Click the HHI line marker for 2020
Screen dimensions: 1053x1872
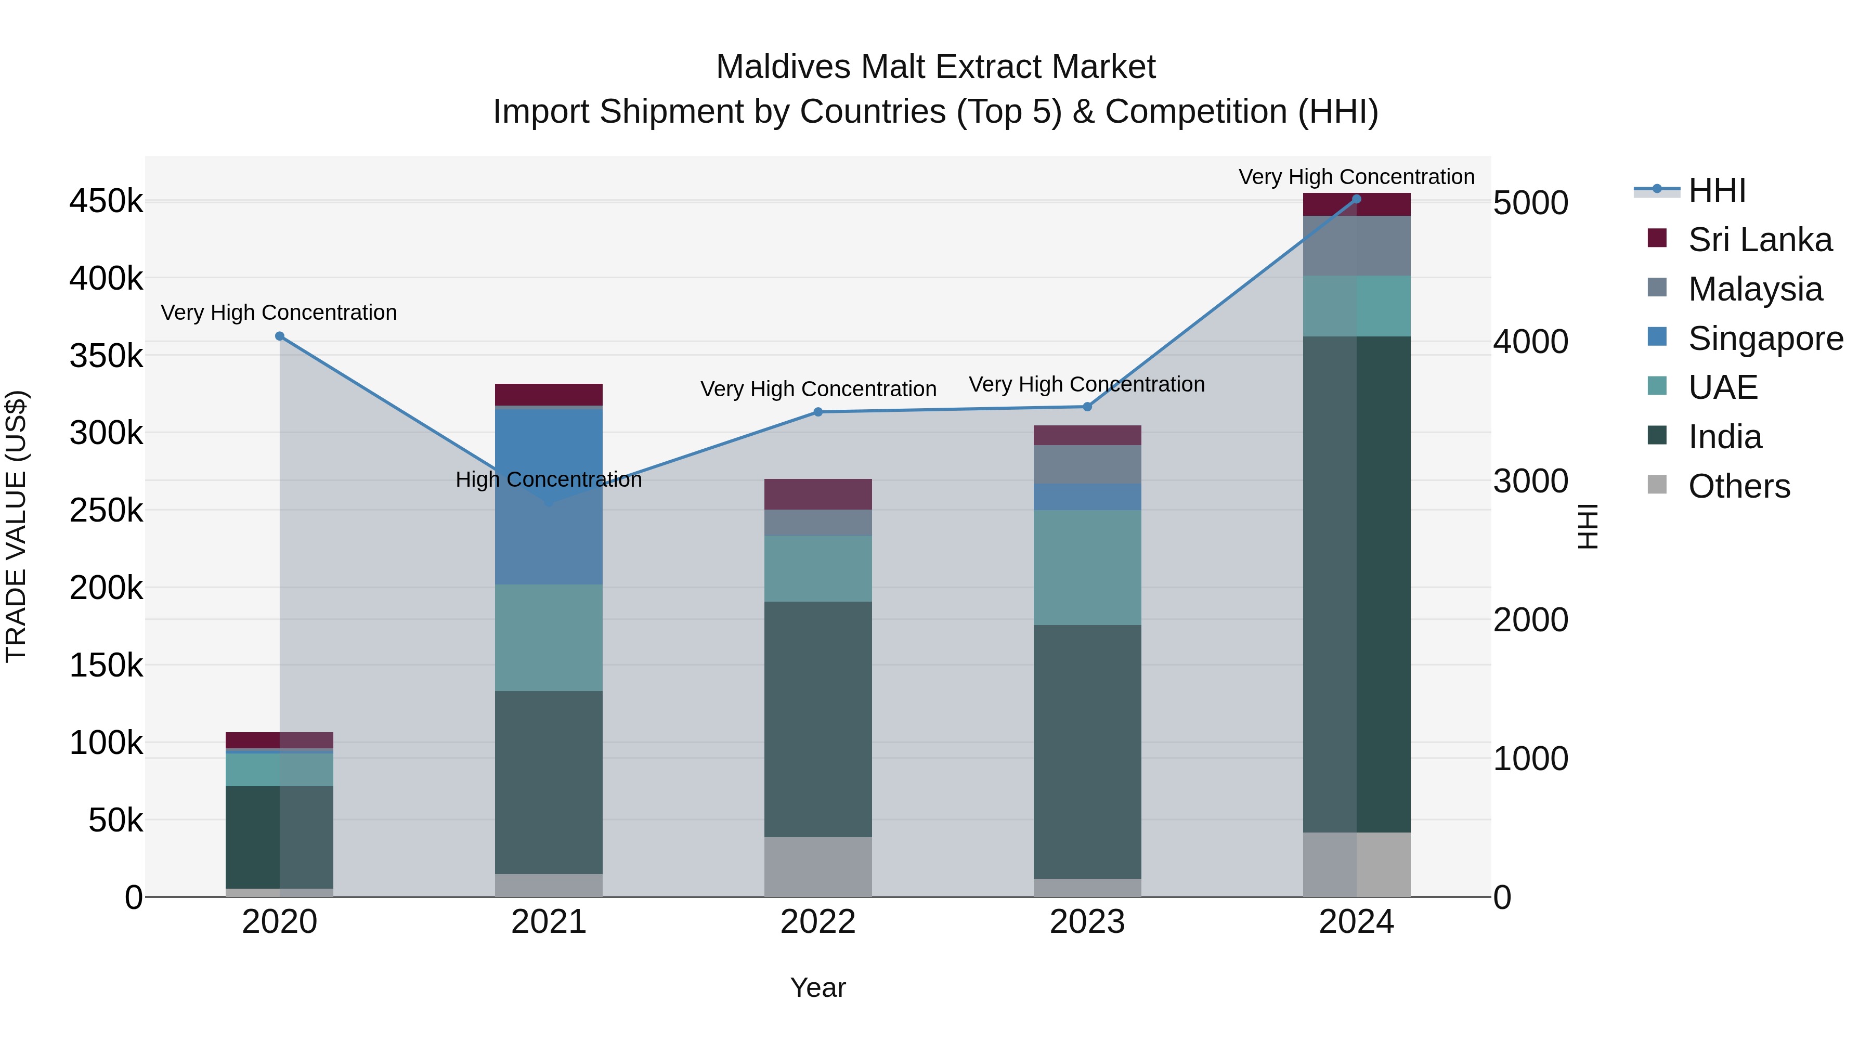click(x=280, y=336)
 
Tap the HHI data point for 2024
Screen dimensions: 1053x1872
click(x=1356, y=199)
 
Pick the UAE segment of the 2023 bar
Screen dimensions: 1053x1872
click(x=1087, y=567)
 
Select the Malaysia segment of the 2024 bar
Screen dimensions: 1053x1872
click(x=1356, y=245)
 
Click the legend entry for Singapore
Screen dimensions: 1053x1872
click(x=1764, y=339)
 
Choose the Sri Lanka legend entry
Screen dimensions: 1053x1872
click(x=1759, y=240)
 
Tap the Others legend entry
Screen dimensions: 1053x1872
click(x=1738, y=486)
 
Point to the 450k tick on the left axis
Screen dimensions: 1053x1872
click(x=106, y=201)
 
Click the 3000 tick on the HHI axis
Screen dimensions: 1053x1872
click(x=1530, y=481)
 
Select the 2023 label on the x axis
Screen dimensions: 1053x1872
click(x=1087, y=922)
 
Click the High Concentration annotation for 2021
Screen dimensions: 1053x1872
click(x=549, y=479)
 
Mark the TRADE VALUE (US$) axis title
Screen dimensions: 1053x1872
click(x=16, y=526)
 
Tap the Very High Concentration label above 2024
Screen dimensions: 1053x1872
click(x=1356, y=177)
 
